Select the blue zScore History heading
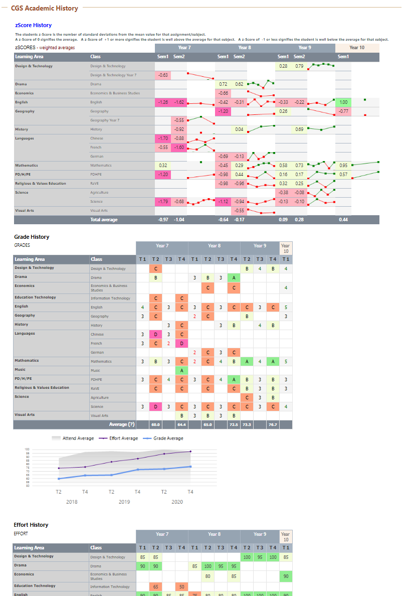point(33,25)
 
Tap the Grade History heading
point(32,237)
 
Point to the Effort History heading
point(31,525)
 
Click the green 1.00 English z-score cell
point(343,102)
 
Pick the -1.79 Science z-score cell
point(163,202)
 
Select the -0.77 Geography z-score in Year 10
point(343,111)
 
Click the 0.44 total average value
point(343,220)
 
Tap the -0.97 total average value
point(163,220)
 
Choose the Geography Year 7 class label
point(105,120)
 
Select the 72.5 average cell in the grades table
point(234,424)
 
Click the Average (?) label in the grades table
point(122,424)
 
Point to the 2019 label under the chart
point(124,502)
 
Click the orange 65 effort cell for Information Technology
point(155,586)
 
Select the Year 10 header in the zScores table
point(357,48)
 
